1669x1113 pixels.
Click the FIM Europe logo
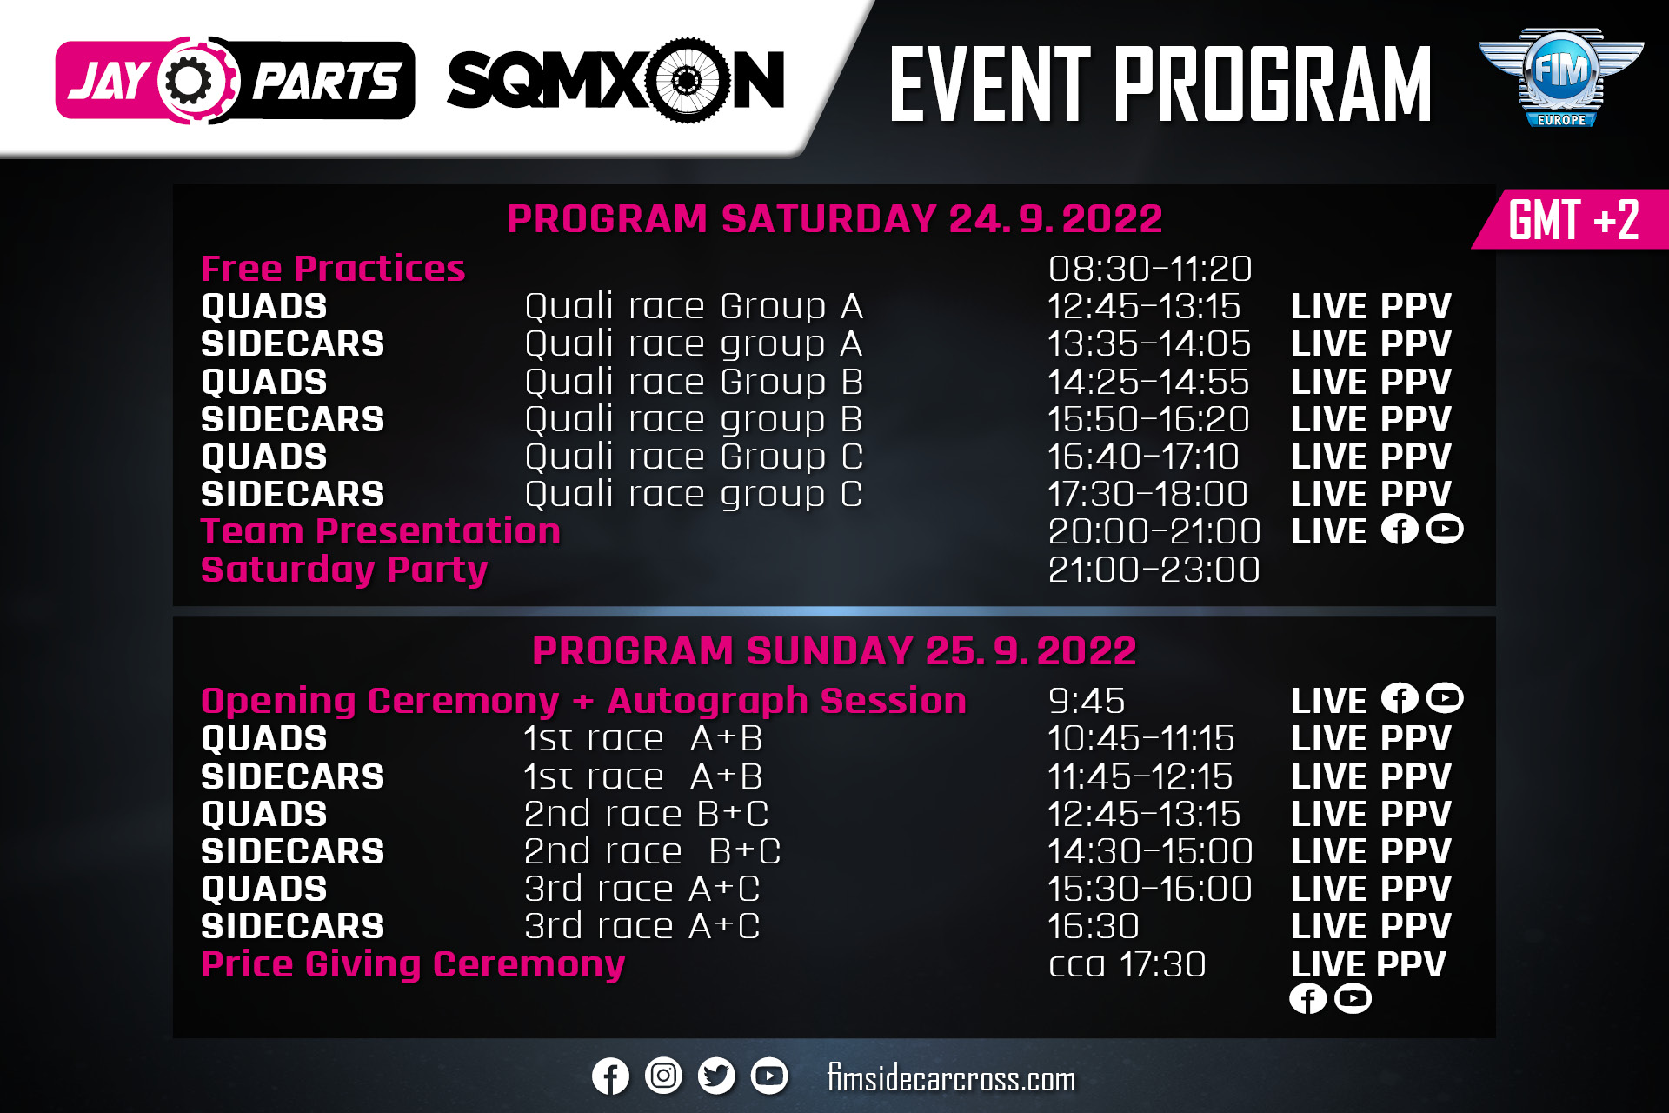1561,77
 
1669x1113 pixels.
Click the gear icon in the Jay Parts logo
190,81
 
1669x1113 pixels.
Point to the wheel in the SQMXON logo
686,81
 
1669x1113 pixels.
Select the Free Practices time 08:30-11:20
1150,269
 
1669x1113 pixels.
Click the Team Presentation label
381,531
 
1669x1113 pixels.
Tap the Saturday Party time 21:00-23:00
1154,570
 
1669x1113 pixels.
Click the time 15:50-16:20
1148,419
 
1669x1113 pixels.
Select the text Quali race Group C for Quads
694,457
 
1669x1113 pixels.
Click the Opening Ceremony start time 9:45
1087,701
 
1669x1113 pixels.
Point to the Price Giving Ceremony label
413,964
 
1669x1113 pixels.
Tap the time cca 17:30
1127,964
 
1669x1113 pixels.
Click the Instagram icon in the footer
664,1076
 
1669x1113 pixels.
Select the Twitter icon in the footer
717,1076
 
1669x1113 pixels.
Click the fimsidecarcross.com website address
951,1078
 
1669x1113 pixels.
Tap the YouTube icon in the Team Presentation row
1445,529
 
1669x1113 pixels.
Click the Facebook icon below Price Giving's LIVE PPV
1307,998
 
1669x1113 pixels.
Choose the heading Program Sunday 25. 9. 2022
834,650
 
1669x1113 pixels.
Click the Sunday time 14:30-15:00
1150,851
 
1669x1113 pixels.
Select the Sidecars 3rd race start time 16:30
1094,926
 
